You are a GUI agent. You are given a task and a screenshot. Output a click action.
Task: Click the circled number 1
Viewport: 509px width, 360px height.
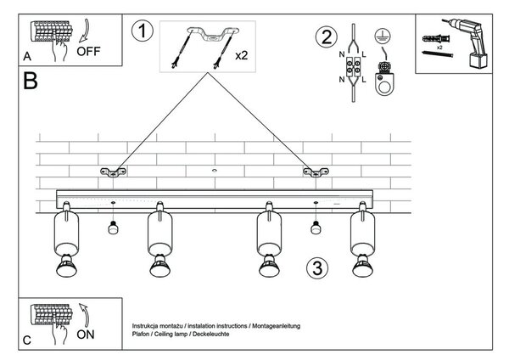tap(143, 31)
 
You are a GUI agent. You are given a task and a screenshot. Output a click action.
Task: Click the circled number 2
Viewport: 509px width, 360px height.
tap(327, 37)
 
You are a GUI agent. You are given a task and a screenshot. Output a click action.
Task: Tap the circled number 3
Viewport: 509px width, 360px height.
tap(317, 268)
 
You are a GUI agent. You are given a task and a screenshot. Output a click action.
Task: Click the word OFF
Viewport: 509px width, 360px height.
tap(88, 51)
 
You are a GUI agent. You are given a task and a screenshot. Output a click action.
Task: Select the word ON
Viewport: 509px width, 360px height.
tap(86, 335)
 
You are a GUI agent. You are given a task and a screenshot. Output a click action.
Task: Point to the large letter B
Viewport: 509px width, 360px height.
tap(31, 81)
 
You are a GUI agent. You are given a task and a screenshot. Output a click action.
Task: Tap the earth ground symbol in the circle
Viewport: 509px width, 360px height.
tap(383, 36)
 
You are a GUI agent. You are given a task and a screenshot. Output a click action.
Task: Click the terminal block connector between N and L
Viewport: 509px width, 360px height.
tap(353, 66)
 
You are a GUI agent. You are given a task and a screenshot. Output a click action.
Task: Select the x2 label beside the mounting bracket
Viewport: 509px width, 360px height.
tap(242, 55)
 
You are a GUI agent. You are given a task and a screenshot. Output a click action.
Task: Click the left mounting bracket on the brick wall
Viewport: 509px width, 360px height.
tap(113, 172)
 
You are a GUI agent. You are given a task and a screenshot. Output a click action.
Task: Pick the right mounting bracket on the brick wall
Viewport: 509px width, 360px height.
tap(316, 172)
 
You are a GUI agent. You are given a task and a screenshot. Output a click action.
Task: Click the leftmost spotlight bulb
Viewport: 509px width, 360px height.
tap(66, 266)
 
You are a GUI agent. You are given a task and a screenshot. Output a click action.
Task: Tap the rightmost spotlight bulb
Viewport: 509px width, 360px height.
tap(362, 266)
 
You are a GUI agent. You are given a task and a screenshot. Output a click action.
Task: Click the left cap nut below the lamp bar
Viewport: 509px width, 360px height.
tap(113, 228)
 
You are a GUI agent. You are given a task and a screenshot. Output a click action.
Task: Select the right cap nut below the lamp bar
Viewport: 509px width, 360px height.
tap(316, 228)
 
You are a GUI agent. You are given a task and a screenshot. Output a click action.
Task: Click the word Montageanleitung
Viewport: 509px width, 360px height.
tap(277, 326)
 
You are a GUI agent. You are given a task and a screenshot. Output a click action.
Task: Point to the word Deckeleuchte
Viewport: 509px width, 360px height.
tap(211, 334)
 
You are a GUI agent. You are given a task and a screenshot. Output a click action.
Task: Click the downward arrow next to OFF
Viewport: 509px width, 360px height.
tap(84, 31)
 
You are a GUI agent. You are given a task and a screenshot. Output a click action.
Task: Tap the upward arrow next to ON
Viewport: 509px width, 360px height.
tap(84, 315)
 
